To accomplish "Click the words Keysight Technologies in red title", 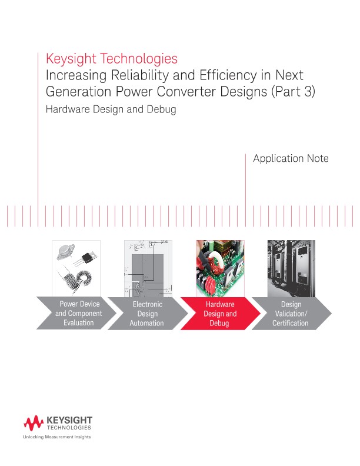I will (x=111, y=59).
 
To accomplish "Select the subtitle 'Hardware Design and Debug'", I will (x=111, y=109).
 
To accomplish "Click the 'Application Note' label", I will (x=291, y=159).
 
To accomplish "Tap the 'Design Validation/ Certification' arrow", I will (x=291, y=314).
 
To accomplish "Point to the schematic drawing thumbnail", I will (x=147, y=268).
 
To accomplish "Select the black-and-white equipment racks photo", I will (x=291, y=267).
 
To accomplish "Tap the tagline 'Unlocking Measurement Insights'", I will (x=56, y=437).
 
